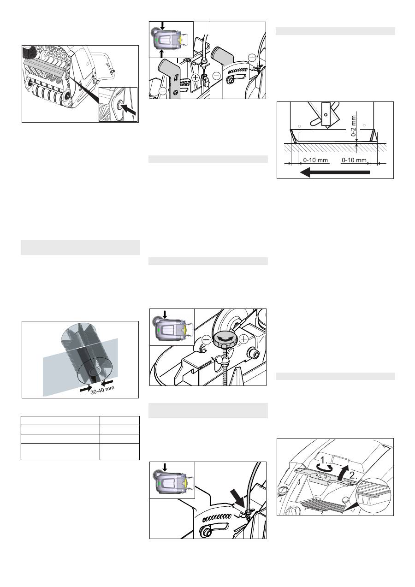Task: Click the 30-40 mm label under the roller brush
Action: [102, 390]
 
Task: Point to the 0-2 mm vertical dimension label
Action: [353, 125]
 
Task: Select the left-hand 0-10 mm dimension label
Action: [315, 160]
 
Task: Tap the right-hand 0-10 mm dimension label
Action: [354, 160]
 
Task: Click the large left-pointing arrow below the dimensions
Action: [335, 172]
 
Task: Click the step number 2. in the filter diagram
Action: [353, 475]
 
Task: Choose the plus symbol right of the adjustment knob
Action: [243, 339]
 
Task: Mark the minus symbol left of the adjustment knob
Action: [207, 340]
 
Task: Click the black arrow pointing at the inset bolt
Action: [129, 109]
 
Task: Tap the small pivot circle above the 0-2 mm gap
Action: [326, 114]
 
